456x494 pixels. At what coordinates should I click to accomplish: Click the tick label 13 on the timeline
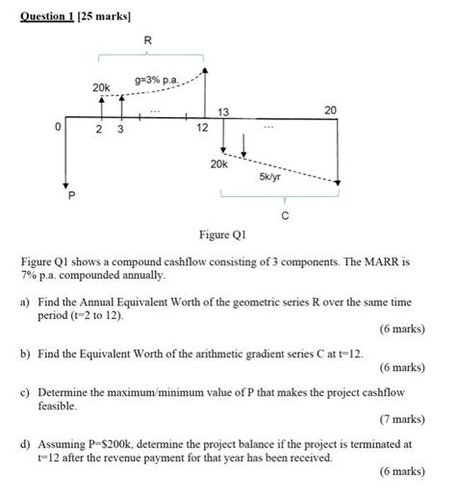click(x=224, y=112)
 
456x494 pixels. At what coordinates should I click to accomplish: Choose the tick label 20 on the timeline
click(x=331, y=111)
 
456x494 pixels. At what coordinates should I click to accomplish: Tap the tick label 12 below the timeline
click(x=202, y=128)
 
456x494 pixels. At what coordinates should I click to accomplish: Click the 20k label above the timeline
click(x=100, y=87)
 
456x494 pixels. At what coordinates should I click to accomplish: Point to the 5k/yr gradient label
click(x=270, y=178)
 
